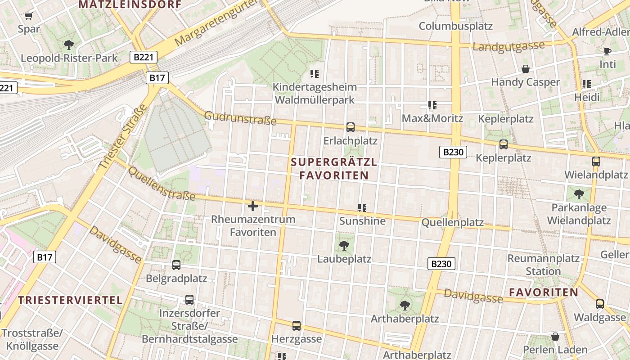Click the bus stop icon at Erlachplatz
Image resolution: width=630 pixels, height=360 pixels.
tap(351, 127)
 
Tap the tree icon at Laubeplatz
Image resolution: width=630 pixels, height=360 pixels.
tap(344, 246)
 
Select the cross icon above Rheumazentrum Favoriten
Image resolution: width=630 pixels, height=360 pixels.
tap(253, 206)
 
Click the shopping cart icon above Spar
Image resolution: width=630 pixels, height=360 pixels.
tap(29, 16)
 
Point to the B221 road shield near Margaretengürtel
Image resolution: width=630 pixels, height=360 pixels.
tap(144, 57)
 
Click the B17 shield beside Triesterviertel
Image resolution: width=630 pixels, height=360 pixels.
tap(45, 257)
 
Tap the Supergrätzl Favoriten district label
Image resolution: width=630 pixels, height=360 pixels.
tap(334, 169)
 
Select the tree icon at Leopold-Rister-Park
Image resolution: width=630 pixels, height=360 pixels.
tap(69, 45)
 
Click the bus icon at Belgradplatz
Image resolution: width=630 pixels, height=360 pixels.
tap(176, 265)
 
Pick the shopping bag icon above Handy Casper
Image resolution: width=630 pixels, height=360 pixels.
tap(525, 69)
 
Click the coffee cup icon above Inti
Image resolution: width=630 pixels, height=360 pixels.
tap(607, 51)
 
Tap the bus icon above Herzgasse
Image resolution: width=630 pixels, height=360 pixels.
tap(296, 326)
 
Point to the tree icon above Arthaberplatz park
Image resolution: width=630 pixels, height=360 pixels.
tap(405, 306)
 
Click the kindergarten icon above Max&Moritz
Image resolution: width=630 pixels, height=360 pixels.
tap(432, 105)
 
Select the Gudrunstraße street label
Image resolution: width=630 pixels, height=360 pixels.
tap(240, 118)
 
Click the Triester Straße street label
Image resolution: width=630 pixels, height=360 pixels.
tap(123, 137)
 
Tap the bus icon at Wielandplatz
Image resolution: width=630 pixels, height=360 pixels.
tap(596, 162)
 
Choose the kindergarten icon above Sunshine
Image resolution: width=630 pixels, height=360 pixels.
tap(362, 207)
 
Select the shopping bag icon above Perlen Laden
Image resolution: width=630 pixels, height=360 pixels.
tap(555, 337)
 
